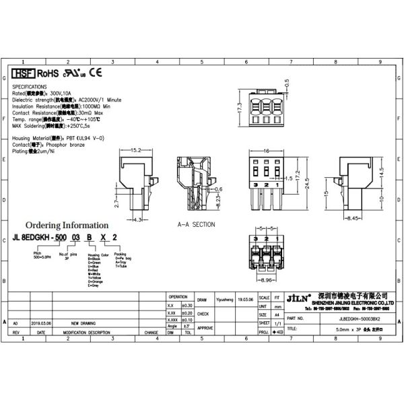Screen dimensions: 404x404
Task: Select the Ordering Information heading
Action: click(66, 225)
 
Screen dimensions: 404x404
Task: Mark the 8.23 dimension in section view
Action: click(220, 199)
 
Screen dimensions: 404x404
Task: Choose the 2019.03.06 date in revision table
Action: click(41, 323)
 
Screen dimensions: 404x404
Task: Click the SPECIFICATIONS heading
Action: click(30, 87)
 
